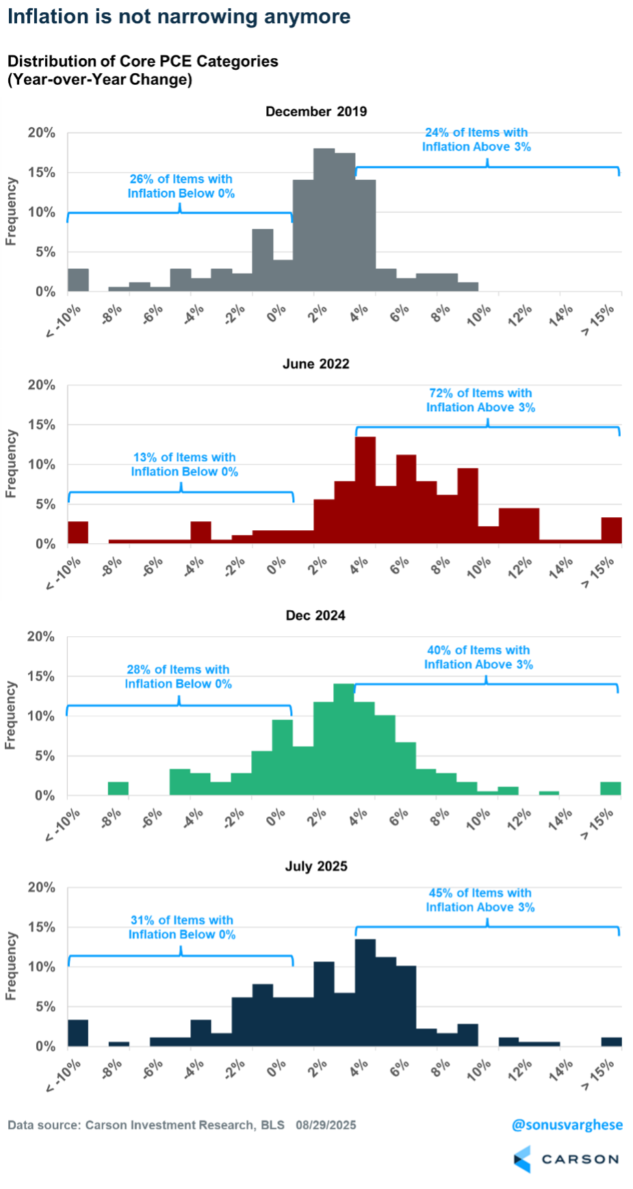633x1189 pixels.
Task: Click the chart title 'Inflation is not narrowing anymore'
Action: (x=179, y=16)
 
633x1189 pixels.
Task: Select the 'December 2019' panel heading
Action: (x=316, y=112)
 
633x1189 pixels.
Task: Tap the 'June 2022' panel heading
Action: (x=316, y=364)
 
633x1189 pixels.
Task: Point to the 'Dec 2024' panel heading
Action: (x=315, y=615)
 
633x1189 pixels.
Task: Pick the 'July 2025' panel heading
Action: (x=316, y=866)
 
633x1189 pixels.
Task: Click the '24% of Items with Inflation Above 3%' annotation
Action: (x=476, y=140)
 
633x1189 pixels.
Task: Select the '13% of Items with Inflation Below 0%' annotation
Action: (x=185, y=465)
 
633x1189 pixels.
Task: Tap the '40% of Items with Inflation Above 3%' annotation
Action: (x=478, y=657)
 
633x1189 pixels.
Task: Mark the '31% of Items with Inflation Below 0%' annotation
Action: (x=182, y=927)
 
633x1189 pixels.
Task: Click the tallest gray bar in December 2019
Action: (x=324, y=219)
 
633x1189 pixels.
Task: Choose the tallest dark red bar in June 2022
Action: (x=365, y=489)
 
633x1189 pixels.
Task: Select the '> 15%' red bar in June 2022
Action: (x=611, y=530)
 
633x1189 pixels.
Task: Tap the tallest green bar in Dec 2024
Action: (x=344, y=739)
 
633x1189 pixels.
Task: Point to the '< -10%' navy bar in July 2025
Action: (x=78, y=1033)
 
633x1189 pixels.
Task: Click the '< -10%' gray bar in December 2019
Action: (x=78, y=280)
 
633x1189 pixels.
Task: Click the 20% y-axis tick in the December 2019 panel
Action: (x=42, y=133)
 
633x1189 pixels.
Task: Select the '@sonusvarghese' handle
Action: (x=567, y=1125)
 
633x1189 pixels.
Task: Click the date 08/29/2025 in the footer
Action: (x=326, y=1125)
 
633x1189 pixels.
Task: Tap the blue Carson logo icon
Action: (x=522, y=1159)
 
